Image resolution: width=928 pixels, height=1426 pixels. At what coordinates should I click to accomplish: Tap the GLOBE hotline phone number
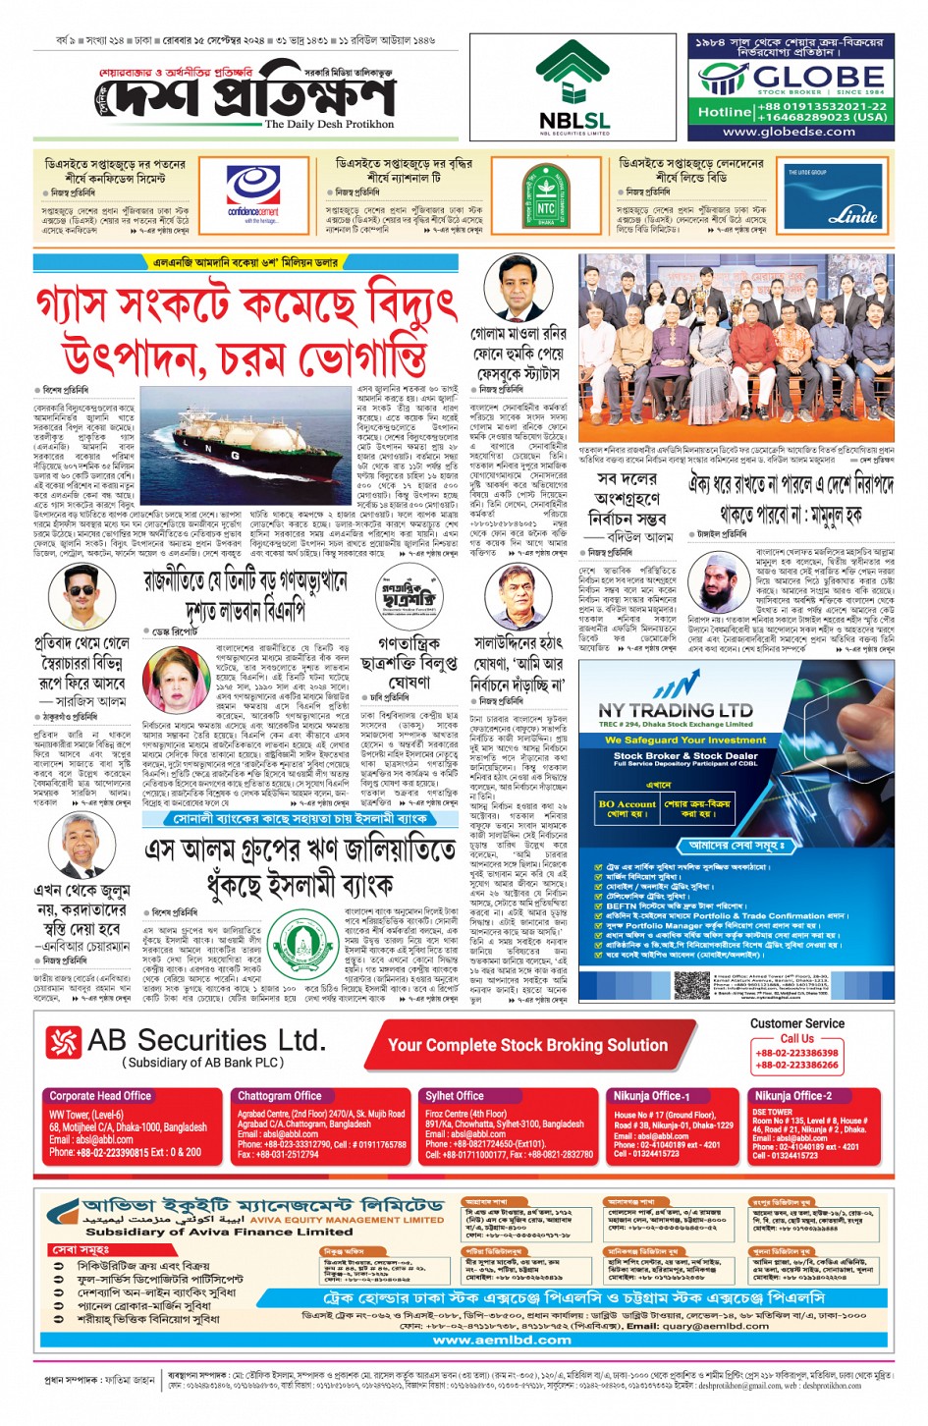821,111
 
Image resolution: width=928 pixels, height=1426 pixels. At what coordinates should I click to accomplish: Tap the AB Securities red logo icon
64,1043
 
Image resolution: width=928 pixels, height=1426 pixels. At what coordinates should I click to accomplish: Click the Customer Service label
796,1023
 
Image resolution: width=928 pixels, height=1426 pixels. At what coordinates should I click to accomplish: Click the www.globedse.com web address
789,132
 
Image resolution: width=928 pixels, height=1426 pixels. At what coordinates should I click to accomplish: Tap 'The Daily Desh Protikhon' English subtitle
329,125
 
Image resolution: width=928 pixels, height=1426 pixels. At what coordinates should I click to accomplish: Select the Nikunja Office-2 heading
792,1095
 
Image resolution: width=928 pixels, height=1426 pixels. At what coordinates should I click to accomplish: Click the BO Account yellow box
628,808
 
